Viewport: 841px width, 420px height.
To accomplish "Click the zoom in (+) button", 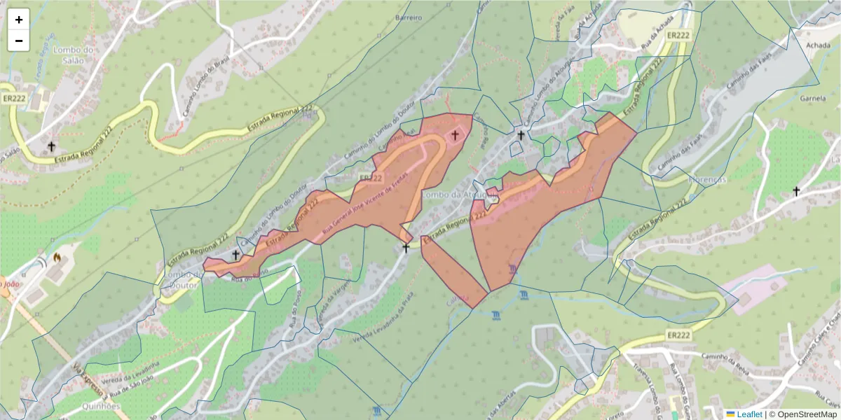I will pyautogui.click(x=19, y=20).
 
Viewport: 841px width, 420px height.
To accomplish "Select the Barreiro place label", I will pyautogui.click(x=409, y=17).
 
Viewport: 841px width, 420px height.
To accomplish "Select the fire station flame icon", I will pyautogui.click(x=57, y=258).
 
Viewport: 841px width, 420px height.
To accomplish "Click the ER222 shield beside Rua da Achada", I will pyautogui.click(x=679, y=35).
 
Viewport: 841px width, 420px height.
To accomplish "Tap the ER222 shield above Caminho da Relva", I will pyautogui.click(x=678, y=335).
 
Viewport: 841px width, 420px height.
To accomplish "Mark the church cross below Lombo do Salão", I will pyautogui.click(x=51, y=146).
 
